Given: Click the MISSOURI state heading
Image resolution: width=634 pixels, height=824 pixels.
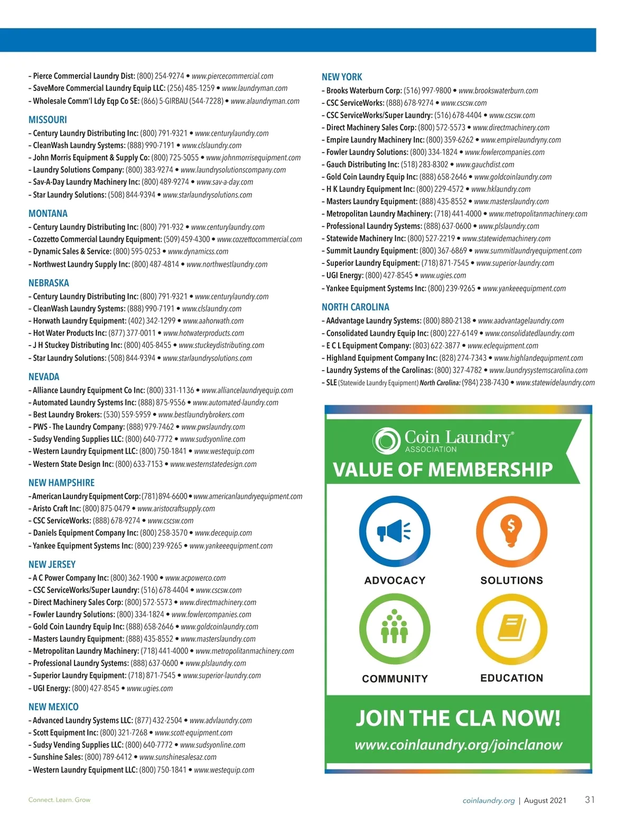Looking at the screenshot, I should click(x=48, y=120).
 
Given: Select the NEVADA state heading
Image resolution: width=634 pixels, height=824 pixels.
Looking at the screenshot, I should click(x=44, y=377).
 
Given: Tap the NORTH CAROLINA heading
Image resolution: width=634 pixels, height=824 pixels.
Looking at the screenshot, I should click(x=355, y=307).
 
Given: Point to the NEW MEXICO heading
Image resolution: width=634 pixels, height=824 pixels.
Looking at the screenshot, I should click(x=53, y=707).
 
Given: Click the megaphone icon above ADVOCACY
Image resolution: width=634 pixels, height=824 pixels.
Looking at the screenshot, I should click(x=394, y=532).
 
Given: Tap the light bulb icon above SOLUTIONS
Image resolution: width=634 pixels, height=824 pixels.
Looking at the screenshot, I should click(x=511, y=530).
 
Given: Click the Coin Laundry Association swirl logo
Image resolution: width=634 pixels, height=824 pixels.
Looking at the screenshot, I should click(x=386, y=441).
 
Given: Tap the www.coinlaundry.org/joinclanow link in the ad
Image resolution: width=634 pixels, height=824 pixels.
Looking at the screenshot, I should click(x=458, y=745).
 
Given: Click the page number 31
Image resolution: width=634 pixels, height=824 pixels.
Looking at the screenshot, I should click(x=590, y=800).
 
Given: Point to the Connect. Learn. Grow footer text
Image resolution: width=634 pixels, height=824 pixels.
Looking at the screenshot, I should click(x=59, y=800).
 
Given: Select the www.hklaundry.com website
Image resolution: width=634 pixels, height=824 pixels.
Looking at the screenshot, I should click(x=500, y=189).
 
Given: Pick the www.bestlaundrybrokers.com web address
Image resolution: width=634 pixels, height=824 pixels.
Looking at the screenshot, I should click(x=201, y=415).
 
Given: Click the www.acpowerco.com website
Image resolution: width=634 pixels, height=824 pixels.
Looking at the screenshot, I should click(x=195, y=578).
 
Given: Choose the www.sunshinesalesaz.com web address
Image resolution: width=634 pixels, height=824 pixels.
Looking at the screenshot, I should click(x=178, y=757).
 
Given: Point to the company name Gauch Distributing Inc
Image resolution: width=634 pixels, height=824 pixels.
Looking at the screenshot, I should click(x=362, y=165).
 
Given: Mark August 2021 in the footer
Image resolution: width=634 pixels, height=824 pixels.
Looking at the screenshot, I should click(x=545, y=801).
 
